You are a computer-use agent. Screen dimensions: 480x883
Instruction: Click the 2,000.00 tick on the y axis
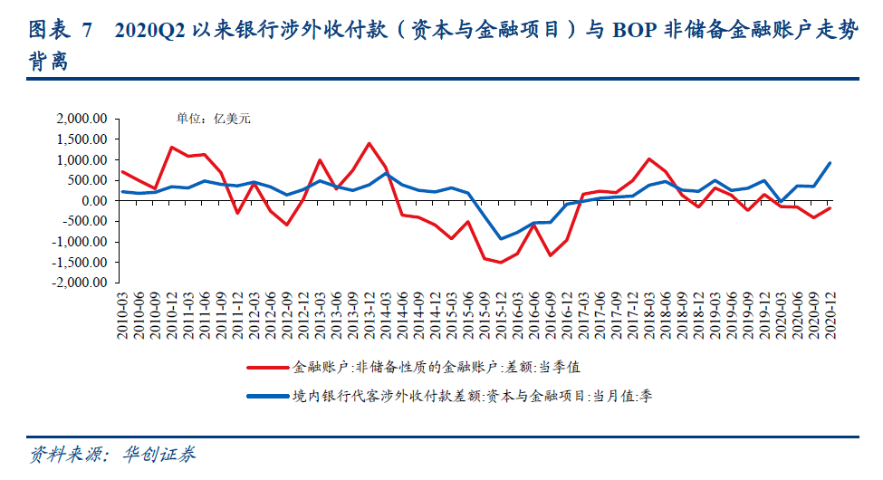(x=82, y=119)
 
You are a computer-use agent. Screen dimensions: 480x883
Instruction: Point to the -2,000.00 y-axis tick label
(x=81, y=283)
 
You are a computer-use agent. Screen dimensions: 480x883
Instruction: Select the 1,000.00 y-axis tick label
(x=82, y=160)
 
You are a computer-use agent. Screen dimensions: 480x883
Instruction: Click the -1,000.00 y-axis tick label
(x=81, y=242)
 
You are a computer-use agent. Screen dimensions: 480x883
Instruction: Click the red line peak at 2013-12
(x=370, y=143)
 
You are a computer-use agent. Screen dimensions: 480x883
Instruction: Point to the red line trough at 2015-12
(x=501, y=263)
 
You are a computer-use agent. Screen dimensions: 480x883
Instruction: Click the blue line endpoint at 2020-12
(x=830, y=163)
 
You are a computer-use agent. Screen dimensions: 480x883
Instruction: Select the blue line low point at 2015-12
(x=501, y=239)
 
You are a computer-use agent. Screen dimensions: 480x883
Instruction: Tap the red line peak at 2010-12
(x=171, y=147)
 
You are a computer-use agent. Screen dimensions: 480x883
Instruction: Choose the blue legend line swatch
(x=267, y=396)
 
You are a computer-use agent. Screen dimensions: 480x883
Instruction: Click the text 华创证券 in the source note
(x=159, y=454)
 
